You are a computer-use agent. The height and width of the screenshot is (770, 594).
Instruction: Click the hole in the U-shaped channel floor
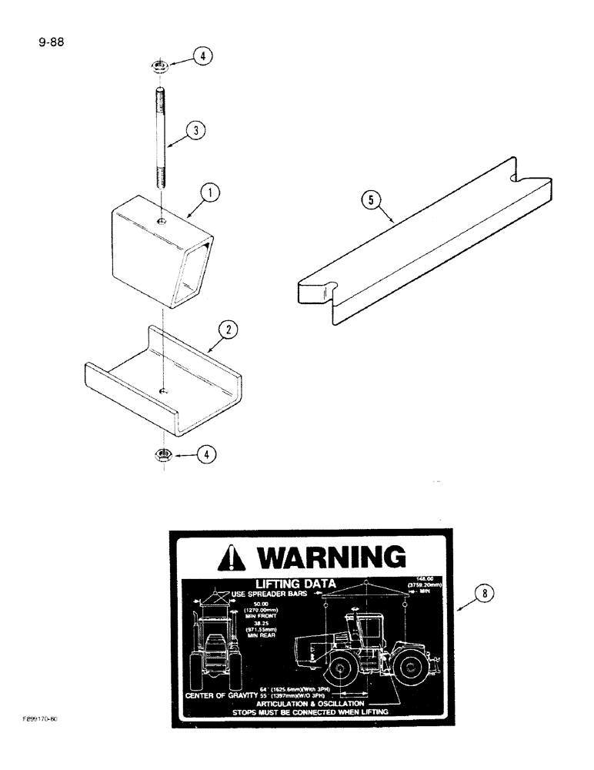(162, 392)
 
